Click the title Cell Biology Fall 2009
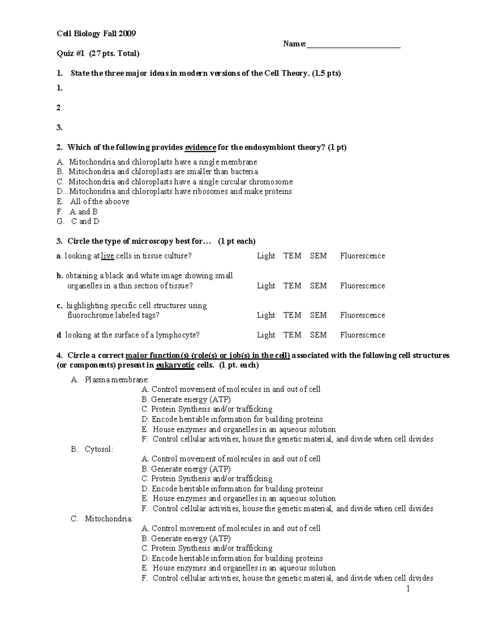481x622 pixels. coord(96,34)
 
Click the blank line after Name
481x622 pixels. coord(353,45)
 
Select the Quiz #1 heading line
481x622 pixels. coord(98,53)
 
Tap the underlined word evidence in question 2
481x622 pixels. coord(200,147)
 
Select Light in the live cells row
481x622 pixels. coord(266,256)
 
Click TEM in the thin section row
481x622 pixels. coord(292,286)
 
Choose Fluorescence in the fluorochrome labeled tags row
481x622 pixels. coord(362,315)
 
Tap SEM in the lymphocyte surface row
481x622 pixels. coord(318,335)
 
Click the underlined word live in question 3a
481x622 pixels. coord(107,256)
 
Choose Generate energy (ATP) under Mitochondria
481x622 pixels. coord(186,538)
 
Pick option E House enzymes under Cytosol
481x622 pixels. coord(239,499)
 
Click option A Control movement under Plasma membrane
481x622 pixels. coord(231,389)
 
